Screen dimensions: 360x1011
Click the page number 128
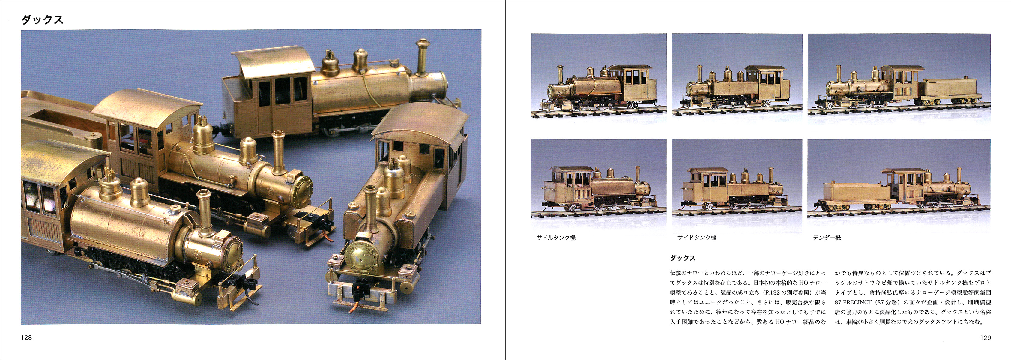pos(26,337)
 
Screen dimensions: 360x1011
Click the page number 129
pos(985,337)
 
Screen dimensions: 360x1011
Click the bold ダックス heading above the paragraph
pos(683,258)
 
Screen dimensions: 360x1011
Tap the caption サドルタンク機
pos(556,238)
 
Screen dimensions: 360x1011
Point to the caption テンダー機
pos(827,238)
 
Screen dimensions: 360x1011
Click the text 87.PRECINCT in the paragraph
pos(851,302)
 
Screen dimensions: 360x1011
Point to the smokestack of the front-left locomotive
pos(205,212)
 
